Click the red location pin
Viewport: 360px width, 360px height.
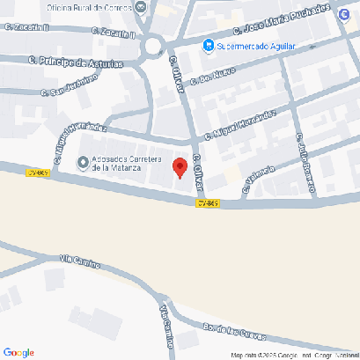click(180, 167)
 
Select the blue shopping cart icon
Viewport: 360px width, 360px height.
click(207, 46)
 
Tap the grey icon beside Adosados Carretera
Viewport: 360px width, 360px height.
click(84, 162)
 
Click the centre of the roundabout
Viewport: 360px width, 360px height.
click(156, 47)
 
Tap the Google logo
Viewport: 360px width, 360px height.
click(18, 352)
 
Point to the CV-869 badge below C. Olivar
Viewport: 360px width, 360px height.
click(207, 203)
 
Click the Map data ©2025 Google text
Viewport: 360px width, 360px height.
click(264, 355)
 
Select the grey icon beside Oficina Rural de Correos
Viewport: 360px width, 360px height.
click(142, 6)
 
